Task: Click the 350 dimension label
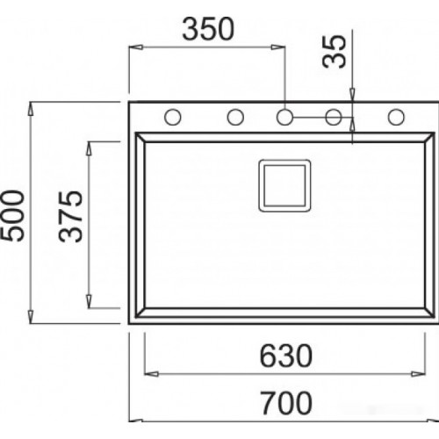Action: click(x=208, y=29)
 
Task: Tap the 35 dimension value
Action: click(x=334, y=52)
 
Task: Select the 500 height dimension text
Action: click(x=12, y=216)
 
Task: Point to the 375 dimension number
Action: click(x=70, y=217)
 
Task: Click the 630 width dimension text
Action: click(x=286, y=356)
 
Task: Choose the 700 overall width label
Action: click(x=286, y=403)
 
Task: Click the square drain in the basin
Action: click(x=284, y=185)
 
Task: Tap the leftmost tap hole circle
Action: click(x=173, y=117)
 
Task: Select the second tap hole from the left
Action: click(x=235, y=117)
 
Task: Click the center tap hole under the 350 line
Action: click(x=284, y=117)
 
